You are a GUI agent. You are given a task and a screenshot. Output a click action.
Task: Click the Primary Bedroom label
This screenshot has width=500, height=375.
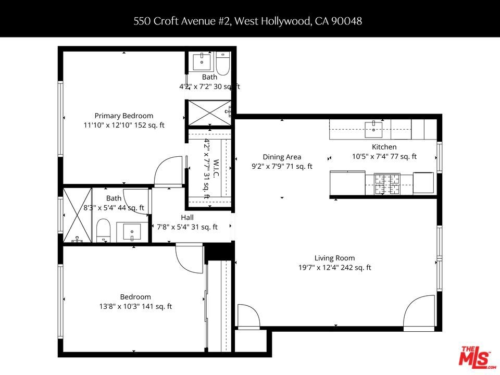pyautogui.click(x=124, y=116)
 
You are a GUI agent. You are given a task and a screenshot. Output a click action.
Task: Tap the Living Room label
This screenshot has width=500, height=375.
pyautogui.click(x=334, y=258)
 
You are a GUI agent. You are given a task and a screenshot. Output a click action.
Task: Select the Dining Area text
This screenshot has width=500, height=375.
pyautogui.click(x=282, y=157)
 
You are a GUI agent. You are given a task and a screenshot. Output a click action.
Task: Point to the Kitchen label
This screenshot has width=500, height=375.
pyautogui.click(x=384, y=147)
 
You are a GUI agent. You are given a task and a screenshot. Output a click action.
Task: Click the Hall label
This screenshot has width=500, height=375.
pyautogui.click(x=187, y=218)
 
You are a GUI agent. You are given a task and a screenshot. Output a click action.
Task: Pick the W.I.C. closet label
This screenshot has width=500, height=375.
pyautogui.click(x=216, y=169)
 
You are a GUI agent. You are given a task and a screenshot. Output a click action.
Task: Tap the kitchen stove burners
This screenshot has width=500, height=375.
pyautogui.click(x=387, y=184)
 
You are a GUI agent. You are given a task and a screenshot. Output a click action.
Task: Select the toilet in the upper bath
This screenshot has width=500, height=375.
pyautogui.click(x=223, y=64)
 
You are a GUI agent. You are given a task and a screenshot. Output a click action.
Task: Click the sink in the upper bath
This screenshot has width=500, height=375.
pyautogui.click(x=202, y=61)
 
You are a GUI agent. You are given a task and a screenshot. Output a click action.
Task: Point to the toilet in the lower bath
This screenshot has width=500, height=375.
pyautogui.click(x=103, y=230)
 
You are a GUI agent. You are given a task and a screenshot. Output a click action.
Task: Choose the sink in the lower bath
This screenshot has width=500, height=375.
pyautogui.click(x=132, y=232)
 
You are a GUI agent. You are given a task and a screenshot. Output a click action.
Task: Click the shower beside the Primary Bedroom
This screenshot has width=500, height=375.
pyautogui.click(x=209, y=113)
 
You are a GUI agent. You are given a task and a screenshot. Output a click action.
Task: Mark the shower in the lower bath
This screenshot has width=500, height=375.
pyautogui.click(x=78, y=215)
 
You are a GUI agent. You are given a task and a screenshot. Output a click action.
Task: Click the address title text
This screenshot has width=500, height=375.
pyautogui.click(x=247, y=21)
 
